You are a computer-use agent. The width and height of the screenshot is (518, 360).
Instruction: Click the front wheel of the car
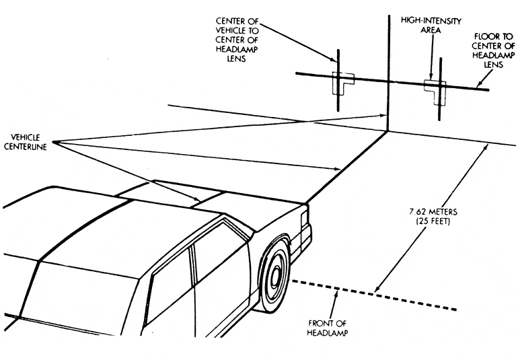(x=274, y=278)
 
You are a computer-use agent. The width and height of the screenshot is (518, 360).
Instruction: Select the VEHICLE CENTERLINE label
(x=24, y=141)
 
